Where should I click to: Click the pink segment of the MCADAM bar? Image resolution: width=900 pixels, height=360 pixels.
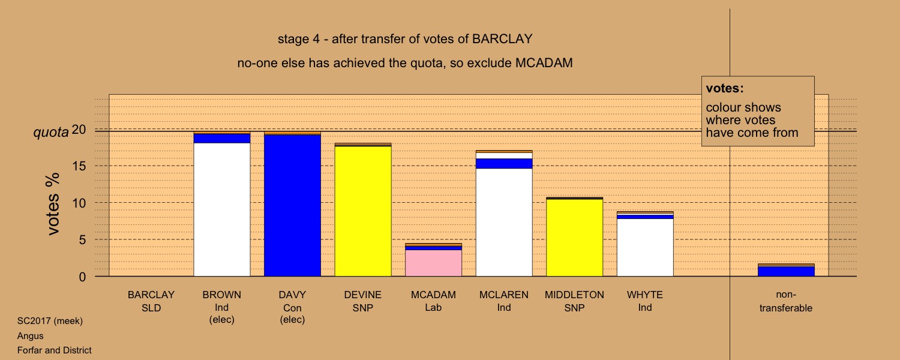434,263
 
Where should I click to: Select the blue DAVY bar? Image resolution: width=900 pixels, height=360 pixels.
293,205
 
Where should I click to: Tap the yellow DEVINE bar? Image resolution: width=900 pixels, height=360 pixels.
363,211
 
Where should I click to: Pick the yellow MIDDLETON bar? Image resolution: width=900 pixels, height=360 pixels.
575,238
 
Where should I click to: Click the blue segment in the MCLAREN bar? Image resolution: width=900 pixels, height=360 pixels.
504,164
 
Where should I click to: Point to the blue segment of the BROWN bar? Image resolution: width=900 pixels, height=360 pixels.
222,138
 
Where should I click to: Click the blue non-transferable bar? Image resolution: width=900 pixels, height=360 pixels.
786,271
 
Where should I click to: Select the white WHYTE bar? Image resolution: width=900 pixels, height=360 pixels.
645,247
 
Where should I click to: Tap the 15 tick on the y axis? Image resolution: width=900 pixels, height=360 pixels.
79,166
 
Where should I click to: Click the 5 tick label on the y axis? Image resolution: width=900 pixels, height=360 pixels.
82,240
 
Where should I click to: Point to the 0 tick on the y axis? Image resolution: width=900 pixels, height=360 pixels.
82,277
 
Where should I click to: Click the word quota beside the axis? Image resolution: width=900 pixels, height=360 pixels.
51,132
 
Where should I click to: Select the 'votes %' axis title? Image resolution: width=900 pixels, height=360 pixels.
53,204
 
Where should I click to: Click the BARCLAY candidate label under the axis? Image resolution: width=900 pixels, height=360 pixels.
151,295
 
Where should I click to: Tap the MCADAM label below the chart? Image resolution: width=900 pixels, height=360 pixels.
434,295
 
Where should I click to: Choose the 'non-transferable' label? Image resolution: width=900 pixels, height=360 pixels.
786,301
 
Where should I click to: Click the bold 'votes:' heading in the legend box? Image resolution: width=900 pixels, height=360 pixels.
725,88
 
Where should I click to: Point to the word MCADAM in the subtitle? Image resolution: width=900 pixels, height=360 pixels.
544,63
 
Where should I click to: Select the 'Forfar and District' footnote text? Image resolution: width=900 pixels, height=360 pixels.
54,350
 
